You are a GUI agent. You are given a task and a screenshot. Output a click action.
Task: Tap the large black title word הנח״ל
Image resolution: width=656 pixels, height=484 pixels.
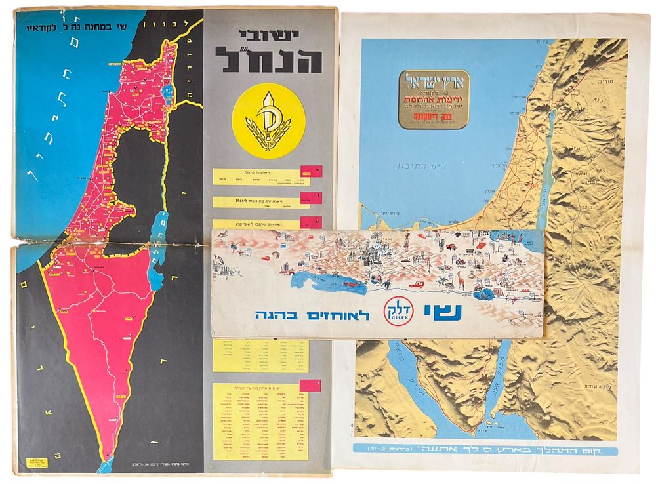tap(269, 60)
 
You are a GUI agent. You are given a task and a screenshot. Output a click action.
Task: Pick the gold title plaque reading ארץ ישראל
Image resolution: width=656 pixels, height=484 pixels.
tap(434, 98)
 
